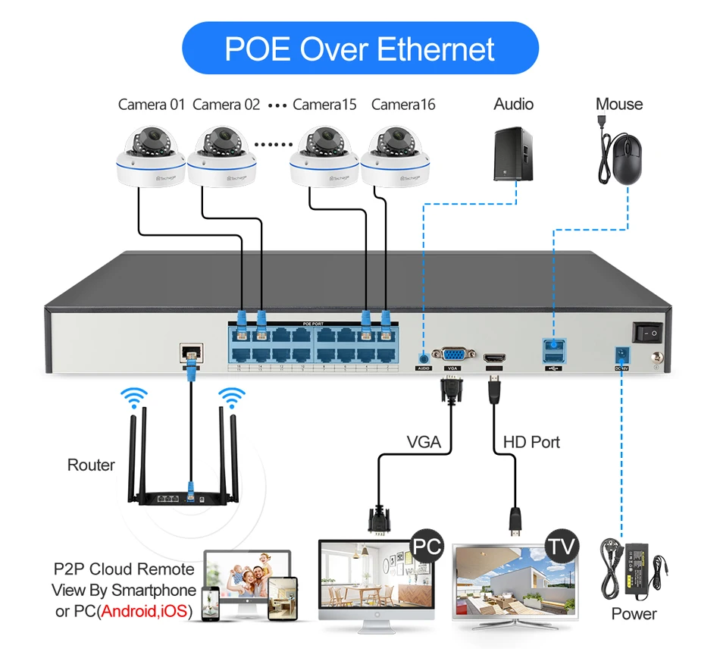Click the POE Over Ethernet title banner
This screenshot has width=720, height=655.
coord(360,48)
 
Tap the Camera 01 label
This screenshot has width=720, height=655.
coord(152,105)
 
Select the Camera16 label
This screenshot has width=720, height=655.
coord(403,105)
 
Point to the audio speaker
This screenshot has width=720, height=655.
coord(515,155)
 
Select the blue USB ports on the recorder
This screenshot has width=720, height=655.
coord(554,351)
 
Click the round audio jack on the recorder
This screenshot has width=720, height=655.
coord(422,354)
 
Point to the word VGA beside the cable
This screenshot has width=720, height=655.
coord(424,441)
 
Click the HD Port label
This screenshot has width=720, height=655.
coord(532,441)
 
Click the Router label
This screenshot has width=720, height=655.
coord(91,465)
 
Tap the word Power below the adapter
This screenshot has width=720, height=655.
coord(634,614)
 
